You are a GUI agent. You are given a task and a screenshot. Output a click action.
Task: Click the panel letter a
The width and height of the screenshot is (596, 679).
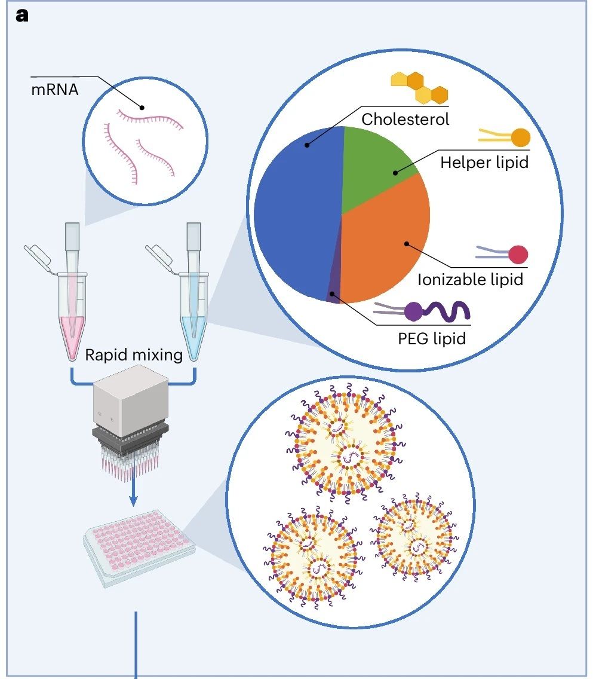21,16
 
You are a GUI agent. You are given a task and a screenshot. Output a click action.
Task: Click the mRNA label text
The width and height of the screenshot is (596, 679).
54,92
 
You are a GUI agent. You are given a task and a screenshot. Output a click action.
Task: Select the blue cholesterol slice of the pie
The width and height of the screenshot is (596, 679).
293,203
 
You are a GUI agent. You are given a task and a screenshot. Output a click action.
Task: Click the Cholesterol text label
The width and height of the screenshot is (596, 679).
405,118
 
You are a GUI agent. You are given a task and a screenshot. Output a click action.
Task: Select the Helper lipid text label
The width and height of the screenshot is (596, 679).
484,163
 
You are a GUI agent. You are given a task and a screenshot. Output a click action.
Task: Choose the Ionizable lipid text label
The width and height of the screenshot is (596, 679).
470,279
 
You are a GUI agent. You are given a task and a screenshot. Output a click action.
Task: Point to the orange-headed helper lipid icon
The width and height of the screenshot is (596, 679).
505,137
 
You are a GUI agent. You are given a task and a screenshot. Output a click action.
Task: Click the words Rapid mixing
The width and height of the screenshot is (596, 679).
133,355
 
